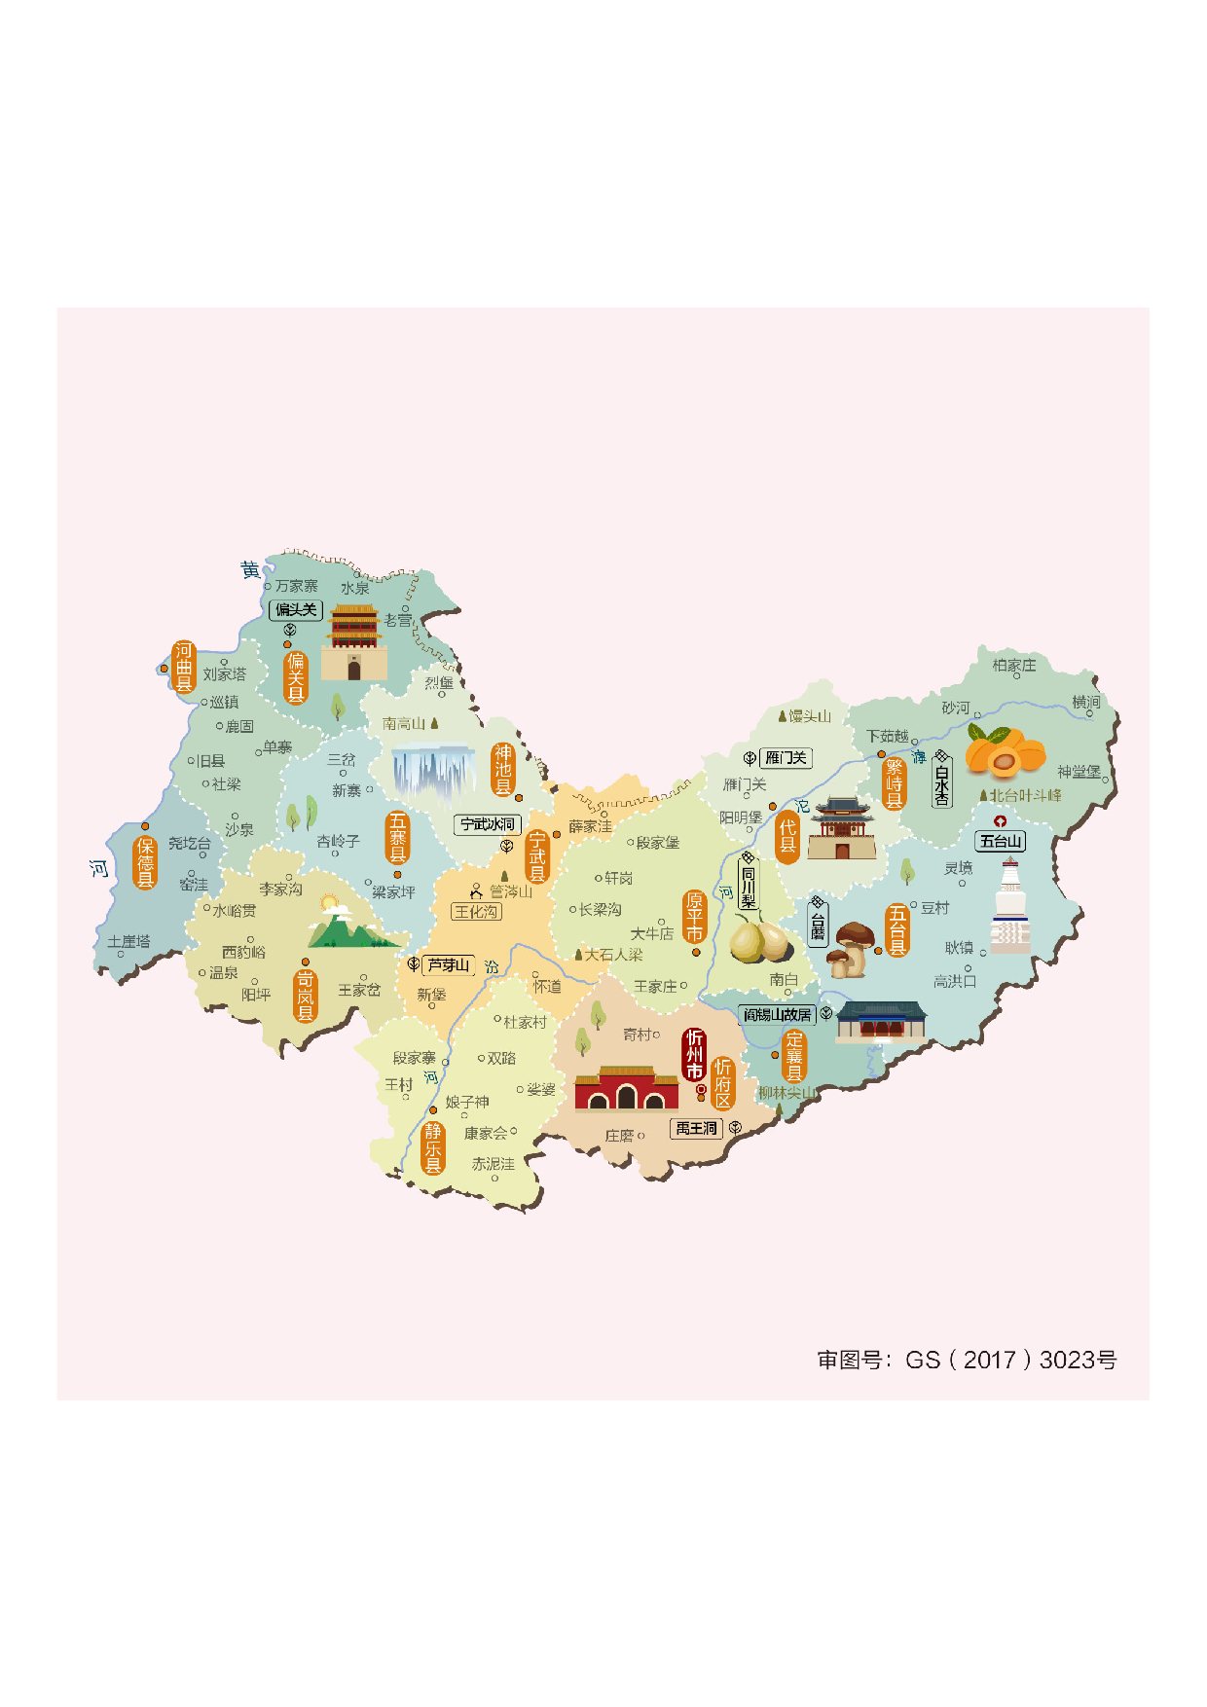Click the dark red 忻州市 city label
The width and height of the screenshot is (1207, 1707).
pyautogui.click(x=694, y=1055)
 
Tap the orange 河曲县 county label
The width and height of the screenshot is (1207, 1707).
pyautogui.click(x=184, y=667)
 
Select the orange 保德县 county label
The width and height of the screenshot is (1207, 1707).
pyautogui.click(x=145, y=862)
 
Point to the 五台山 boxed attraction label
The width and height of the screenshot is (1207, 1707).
pyautogui.click(x=1001, y=842)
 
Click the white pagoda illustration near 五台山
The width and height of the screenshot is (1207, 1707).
pyautogui.click(x=1010, y=907)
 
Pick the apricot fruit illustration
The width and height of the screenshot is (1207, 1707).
pyautogui.click(x=1005, y=753)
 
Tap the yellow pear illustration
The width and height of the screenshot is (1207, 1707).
pyautogui.click(x=759, y=941)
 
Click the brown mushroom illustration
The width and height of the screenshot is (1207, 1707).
pyautogui.click(x=851, y=949)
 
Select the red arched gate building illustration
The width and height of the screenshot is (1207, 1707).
pyautogui.click(x=626, y=1089)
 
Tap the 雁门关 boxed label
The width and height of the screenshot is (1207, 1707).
pyautogui.click(x=786, y=758)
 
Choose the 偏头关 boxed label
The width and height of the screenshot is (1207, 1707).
pyautogui.click(x=296, y=610)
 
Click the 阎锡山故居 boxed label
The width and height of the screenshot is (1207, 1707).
pyautogui.click(x=777, y=1015)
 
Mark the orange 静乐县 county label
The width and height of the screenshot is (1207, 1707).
pyautogui.click(x=433, y=1147)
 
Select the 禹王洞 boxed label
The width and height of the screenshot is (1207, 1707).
pyautogui.click(x=696, y=1128)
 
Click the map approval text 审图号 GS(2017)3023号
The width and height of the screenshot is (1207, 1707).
pyautogui.click(x=967, y=1360)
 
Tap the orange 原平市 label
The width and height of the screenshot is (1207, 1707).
pyautogui.click(x=694, y=917)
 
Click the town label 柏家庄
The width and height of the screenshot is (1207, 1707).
pyautogui.click(x=1014, y=666)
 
